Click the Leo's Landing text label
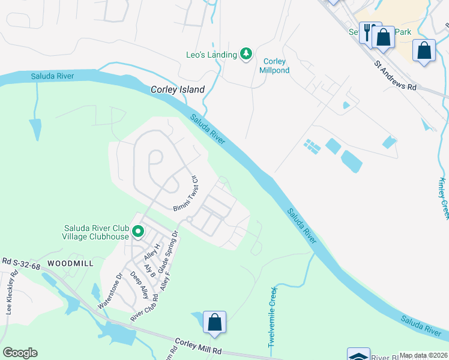[211, 55]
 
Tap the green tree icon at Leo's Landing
[246, 55]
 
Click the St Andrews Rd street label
[395, 75]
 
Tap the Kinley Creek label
[444, 199]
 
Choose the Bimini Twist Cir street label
[186, 193]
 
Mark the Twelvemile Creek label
[273, 317]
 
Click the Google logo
[20, 353]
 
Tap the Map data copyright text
[424, 355]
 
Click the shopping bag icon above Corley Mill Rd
[214, 322]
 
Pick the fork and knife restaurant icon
[369, 32]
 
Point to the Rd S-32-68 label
[22, 262]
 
